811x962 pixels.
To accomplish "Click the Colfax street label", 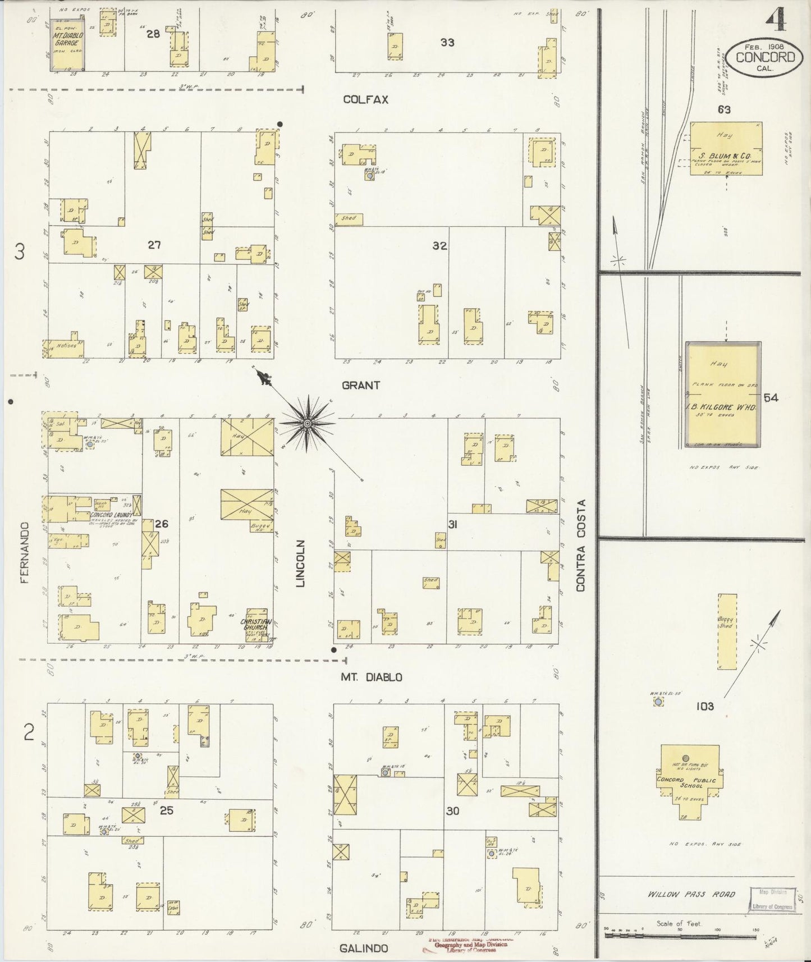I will click(x=365, y=99).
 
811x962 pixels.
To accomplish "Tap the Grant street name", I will click(x=361, y=385).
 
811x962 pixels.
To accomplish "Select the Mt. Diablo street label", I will click(x=372, y=677).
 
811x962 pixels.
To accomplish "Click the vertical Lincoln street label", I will click(x=301, y=564).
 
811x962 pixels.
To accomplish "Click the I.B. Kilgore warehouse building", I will click(x=723, y=394).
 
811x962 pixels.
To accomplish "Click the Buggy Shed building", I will click(x=727, y=631).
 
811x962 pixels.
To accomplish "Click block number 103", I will click(x=705, y=706).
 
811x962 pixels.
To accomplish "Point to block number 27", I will click(x=154, y=245).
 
